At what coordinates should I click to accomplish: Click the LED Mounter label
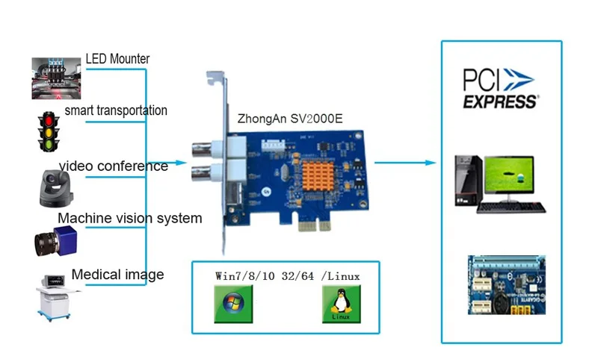tap(117, 59)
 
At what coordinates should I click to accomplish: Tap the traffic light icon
tap(49, 131)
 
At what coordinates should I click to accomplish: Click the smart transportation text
tap(116, 110)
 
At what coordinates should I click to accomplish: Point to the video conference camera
tap(55, 188)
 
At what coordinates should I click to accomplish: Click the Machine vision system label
tap(129, 218)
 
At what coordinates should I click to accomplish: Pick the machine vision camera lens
tap(46, 244)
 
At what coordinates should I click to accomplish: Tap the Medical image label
tap(117, 274)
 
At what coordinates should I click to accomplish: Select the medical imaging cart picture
tap(55, 298)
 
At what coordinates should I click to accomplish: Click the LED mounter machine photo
tap(57, 78)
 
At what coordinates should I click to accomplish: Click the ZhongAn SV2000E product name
tap(290, 119)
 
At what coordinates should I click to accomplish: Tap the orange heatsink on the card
tap(318, 176)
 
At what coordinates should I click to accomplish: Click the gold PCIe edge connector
tap(313, 226)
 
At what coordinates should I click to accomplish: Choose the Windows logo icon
tap(233, 304)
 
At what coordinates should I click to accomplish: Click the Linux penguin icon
tap(342, 304)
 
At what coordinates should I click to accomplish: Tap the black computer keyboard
tap(511, 207)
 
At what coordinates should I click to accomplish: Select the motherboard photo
tap(507, 284)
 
